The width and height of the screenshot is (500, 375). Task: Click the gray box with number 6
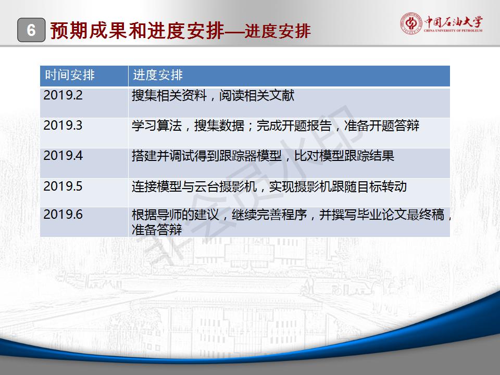click(31, 30)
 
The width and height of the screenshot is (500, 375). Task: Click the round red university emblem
click(411, 23)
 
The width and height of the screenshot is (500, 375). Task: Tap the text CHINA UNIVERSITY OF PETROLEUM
click(453, 31)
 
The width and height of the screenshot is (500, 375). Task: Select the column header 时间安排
click(70, 75)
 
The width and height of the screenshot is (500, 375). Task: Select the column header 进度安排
click(158, 75)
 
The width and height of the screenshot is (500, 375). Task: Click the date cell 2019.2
click(63, 95)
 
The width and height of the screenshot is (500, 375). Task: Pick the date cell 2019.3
click(63, 126)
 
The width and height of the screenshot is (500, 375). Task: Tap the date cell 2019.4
click(63, 156)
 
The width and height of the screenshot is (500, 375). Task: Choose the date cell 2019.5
click(63, 186)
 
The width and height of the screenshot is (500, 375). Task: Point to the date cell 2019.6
click(63, 214)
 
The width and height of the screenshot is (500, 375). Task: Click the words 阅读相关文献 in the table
click(257, 95)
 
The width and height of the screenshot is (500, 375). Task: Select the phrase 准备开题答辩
click(382, 126)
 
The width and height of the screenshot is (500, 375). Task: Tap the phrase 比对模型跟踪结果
click(344, 156)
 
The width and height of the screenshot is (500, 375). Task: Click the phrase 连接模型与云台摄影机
click(194, 186)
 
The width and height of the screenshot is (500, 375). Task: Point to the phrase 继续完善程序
click(269, 215)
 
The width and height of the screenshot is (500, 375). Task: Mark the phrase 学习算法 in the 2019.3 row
click(157, 126)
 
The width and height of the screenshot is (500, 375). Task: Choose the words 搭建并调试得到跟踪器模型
click(207, 156)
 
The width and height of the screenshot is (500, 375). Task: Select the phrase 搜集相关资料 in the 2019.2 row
click(169, 95)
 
